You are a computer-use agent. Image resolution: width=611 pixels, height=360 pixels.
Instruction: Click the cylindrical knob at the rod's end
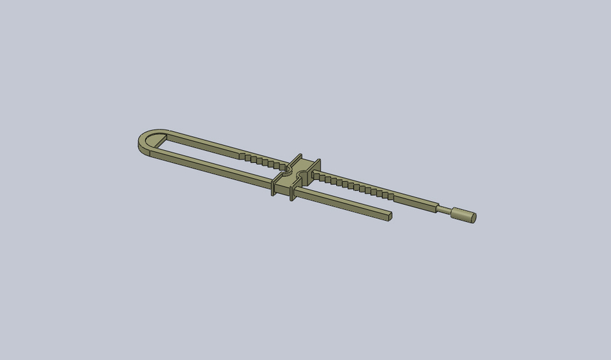(x=464, y=215)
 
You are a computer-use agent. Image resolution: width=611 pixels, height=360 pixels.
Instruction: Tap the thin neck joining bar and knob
(x=445, y=209)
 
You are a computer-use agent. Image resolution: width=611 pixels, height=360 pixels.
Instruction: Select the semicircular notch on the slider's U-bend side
(x=287, y=172)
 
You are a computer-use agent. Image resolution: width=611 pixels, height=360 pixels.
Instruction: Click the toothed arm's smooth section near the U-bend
(x=204, y=144)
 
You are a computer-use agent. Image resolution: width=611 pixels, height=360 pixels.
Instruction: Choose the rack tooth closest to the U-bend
(x=242, y=155)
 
